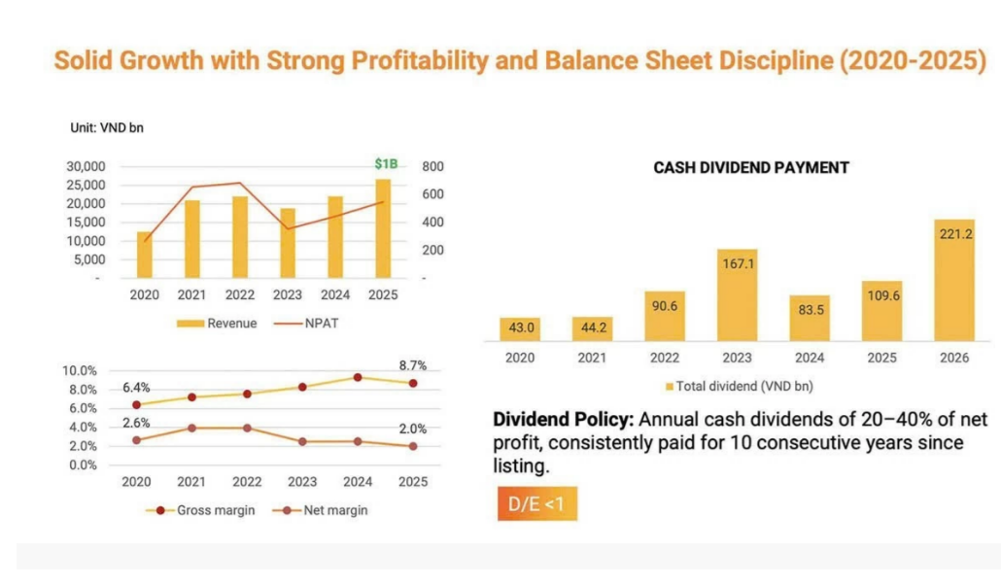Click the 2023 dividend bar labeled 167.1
(738, 294)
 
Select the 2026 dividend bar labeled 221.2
(954, 280)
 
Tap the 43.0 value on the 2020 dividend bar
(521, 327)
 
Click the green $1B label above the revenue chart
(386, 164)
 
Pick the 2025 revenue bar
(383, 228)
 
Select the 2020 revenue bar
(144, 255)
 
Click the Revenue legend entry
(217, 324)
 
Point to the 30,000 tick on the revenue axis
(86, 166)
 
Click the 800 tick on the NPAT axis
(432, 166)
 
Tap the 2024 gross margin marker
(358, 378)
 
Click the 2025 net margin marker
(413, 446)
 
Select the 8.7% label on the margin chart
(412, 365)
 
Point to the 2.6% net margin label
(136, 423)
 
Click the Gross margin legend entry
(200, 510)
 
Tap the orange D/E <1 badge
(536, 504)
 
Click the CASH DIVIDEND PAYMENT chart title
(750, 168)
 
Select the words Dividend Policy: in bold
(563, 420)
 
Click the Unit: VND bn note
(107, 127)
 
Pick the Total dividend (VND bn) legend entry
(740, 386)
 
